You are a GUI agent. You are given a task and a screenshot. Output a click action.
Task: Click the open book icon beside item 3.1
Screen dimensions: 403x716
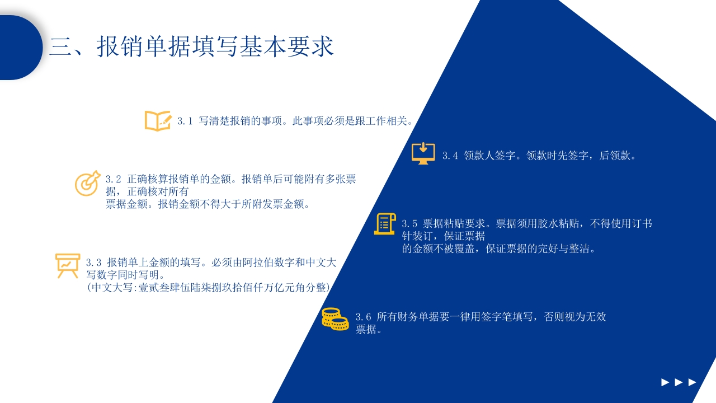tap(158, 121)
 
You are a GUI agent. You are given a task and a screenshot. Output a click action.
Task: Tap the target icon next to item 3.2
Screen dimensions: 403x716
tap(87, 183)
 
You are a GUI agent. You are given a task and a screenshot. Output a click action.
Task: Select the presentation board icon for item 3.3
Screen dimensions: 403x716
tap(68, 265)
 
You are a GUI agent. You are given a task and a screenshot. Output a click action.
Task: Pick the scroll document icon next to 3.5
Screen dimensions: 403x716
tap(385, 224)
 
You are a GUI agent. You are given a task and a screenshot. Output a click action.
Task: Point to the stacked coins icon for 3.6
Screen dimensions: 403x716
tap(335, 319)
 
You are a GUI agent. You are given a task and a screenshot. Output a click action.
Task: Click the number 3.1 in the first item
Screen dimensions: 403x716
tap(185, 121)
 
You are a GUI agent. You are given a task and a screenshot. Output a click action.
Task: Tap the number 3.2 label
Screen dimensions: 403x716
tap(114, 179)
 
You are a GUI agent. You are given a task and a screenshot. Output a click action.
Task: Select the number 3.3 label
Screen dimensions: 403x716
tap(94, 263)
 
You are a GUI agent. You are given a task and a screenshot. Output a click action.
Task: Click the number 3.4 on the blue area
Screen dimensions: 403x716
tap(450, 156)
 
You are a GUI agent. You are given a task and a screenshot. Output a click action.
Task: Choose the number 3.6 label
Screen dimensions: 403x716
tap(364, 317)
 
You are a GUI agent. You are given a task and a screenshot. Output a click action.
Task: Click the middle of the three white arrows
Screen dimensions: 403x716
tap(679, 382)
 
